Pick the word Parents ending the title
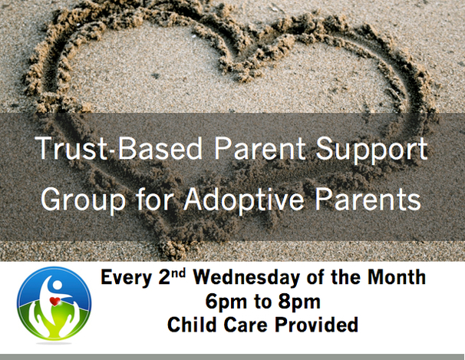[x=368, y=199]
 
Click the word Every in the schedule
[x=127, y=278]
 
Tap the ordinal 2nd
[x=171, y=276]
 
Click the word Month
[x=397, y=277]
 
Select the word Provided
[x=316, y=324]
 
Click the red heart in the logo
[x=54, y=301]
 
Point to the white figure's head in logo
[x=56, y=286]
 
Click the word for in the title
[x=154, y=199]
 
